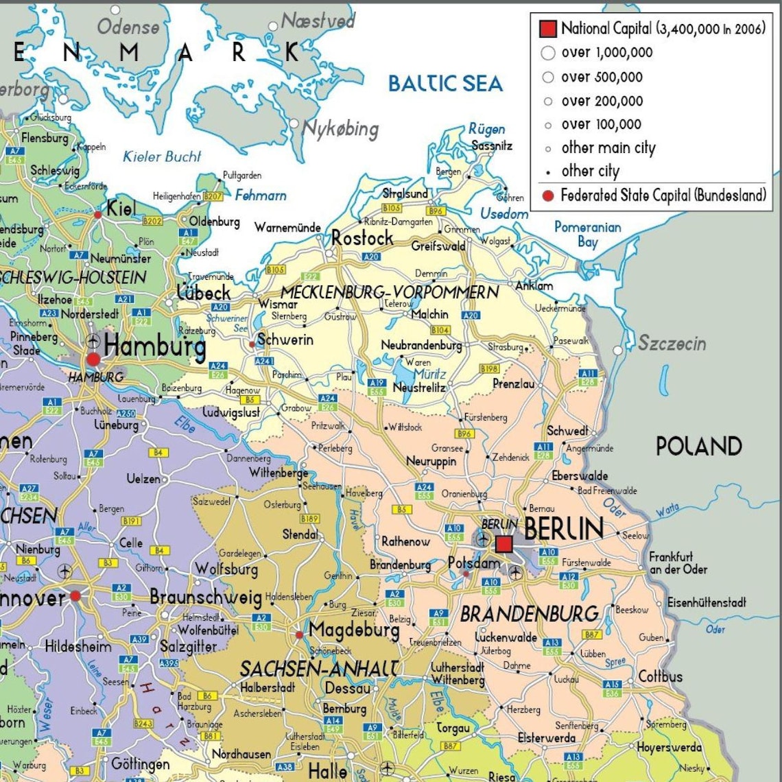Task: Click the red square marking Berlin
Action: pos(504,544)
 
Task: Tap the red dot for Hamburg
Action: pos(93,359)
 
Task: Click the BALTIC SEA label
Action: pos(445,84)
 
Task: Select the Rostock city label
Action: pos(362,238)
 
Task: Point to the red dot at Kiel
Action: pos(98,215)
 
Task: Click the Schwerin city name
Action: pos(285,340)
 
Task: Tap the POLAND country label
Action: pos(698,447)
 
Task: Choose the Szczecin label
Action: pos(672,343)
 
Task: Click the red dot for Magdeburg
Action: pos(299,635)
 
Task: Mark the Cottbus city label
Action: pos(660,676)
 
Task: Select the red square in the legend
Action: pos(547,29)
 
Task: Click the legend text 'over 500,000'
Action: pos(602,77)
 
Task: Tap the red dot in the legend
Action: pos(547,195)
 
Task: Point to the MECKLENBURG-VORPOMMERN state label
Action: pos(390,292)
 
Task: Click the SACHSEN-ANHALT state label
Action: pos(319,668)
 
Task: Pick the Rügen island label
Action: pos(487,129)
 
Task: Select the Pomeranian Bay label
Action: pos(587,234)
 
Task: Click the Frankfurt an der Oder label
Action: pos(678,563)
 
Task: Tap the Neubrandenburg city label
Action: pos(421,345)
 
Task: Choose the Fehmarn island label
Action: pos(261,195)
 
